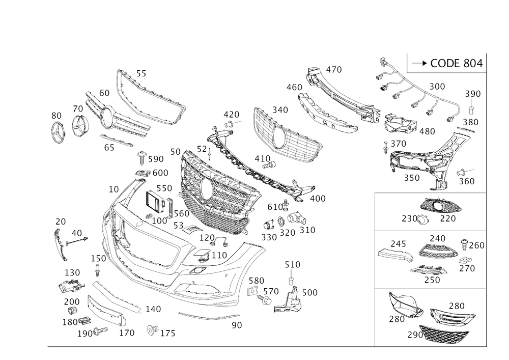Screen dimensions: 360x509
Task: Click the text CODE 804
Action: click(x=456, y=64)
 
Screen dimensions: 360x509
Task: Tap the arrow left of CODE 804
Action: click(x=418, y=64)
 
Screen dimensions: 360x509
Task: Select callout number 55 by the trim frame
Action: click(x=140, y=74)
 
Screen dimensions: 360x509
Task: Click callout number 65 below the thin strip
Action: click(x=109, y=149)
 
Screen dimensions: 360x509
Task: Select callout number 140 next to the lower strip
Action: click(x=152, y=309)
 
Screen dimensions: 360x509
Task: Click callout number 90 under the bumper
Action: click(x=236, y=324)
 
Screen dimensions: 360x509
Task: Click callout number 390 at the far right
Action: click(x=473, y=94)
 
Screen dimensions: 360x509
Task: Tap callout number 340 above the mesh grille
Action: click(x=279, y=109)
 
